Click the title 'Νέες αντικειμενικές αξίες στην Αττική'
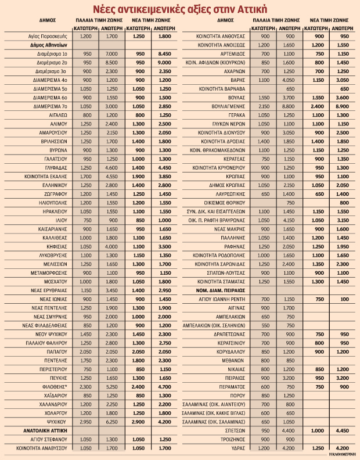coord(180,9)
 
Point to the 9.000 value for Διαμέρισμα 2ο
coord(164,61)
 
